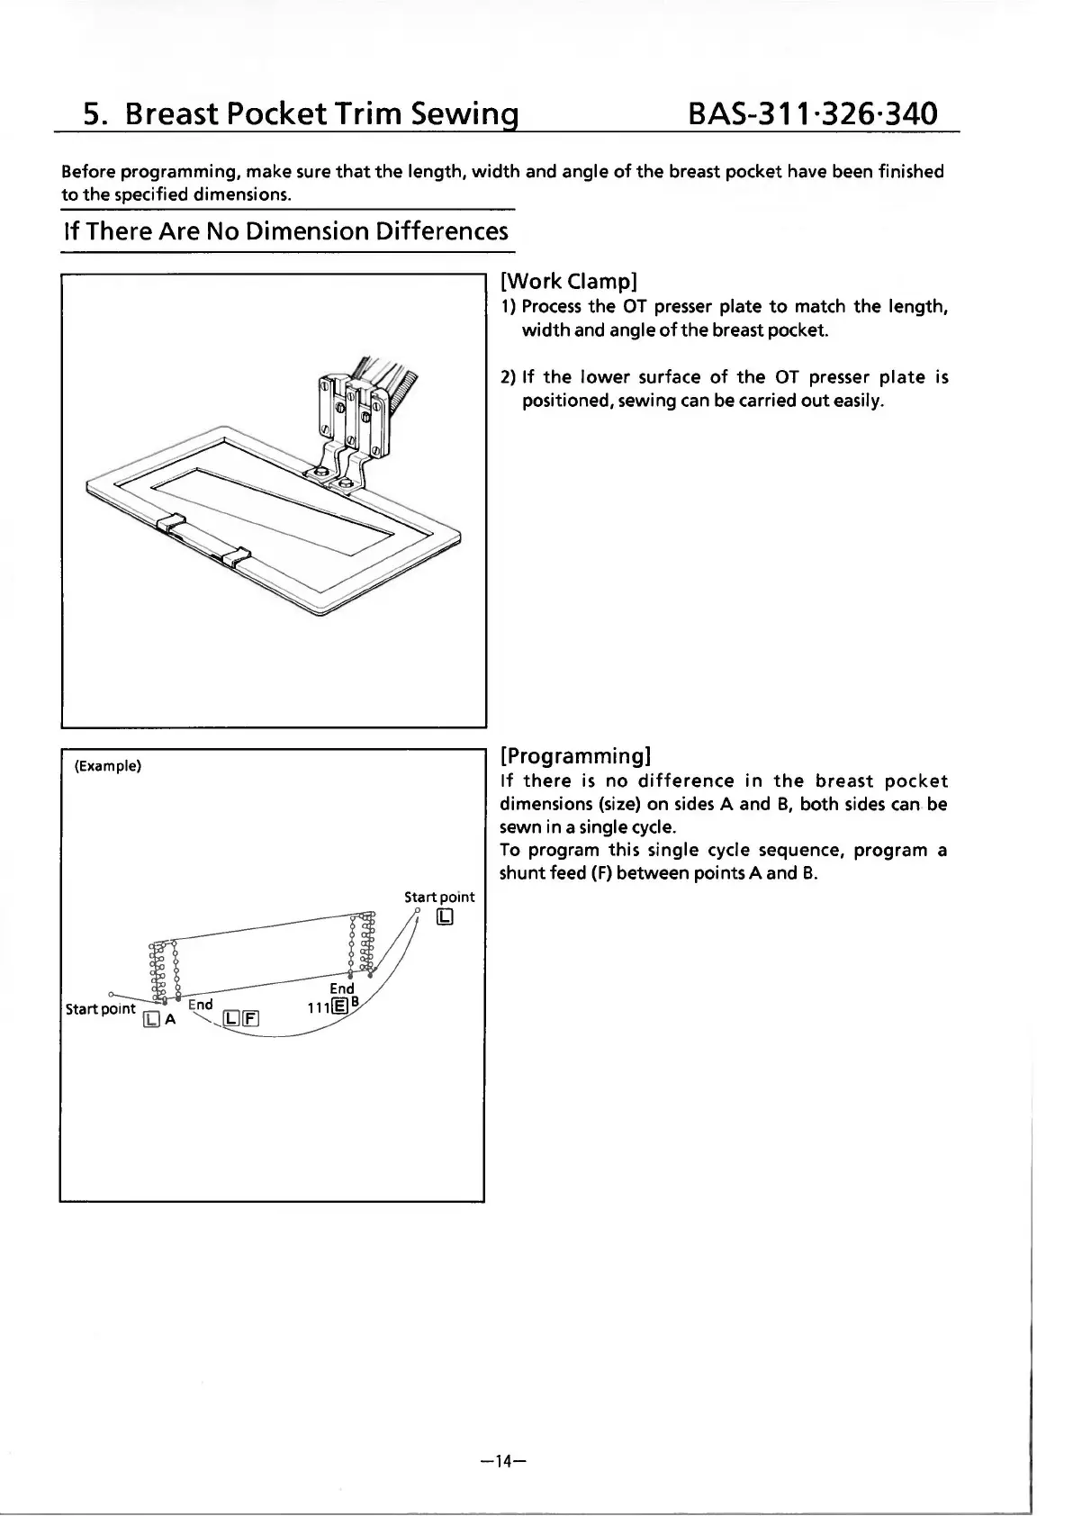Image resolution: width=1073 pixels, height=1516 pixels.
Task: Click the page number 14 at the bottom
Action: (503, 1460)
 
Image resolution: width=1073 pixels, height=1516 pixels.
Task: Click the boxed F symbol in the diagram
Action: (250, 1018)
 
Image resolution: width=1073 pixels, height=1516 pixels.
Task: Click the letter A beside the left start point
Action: (169, 1019)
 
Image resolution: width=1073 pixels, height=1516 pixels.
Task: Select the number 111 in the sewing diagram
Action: (317, 1007)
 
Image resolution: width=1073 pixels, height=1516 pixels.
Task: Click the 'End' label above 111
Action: (342, 988)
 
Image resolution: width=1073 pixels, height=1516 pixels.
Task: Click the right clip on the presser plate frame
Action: (237, 556)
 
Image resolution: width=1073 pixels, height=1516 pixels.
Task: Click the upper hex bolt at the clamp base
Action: (321, 471)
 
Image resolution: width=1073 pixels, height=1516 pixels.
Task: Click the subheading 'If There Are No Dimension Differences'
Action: (285, 231)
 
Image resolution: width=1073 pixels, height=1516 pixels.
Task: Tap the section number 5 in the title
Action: (92, 114)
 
